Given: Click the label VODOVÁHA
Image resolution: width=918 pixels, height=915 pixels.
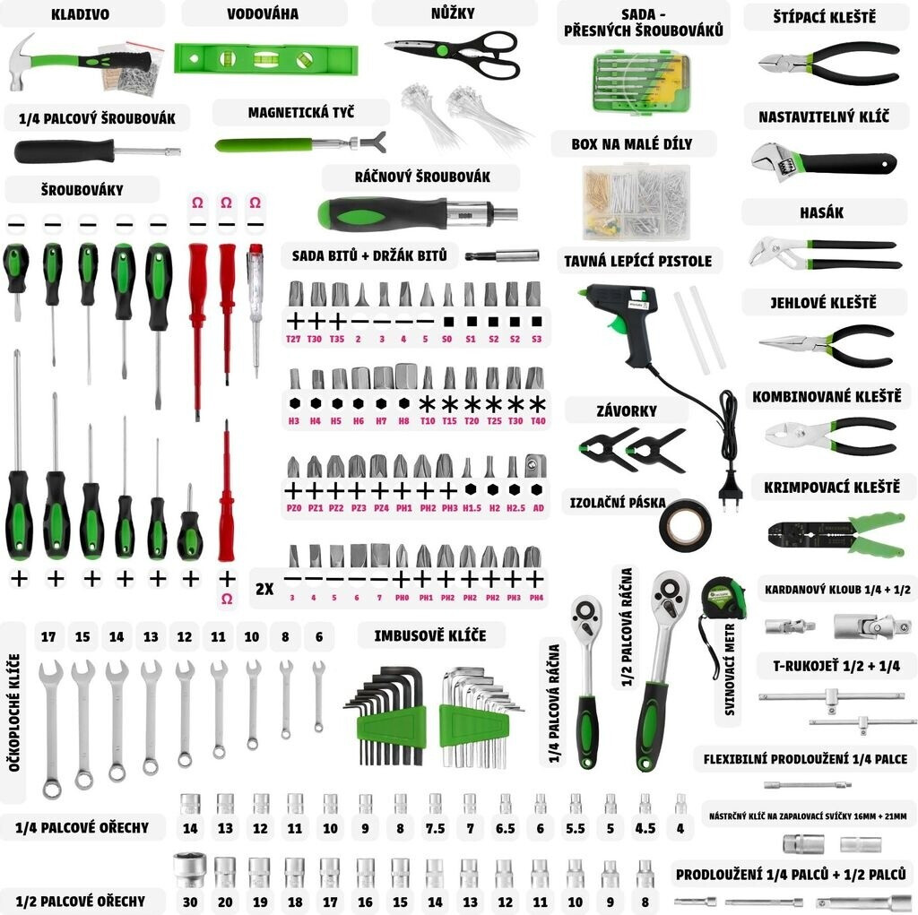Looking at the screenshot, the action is [x=263, y=14].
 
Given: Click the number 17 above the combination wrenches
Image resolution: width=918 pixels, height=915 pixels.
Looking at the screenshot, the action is [x=48, y=637].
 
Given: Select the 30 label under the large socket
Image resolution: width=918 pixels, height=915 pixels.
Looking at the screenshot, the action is [x=189, y=902].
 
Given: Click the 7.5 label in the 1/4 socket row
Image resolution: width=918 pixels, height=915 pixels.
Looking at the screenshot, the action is [x=435, y=829].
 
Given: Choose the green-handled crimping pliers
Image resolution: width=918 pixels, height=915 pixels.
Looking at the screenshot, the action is [x=825, y=535].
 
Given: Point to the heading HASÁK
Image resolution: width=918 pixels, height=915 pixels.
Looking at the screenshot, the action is [x=821, y=213].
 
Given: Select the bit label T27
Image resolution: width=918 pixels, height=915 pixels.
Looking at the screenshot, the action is [x=293, y=340].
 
